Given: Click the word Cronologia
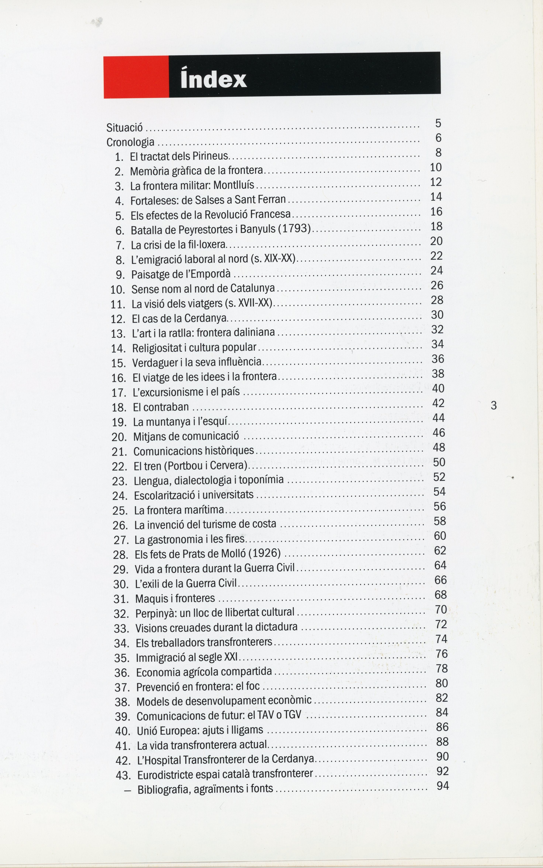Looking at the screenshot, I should [x=130, y=142].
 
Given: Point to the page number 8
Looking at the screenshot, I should [x=438, y=153].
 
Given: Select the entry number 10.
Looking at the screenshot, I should [x=118, y=289].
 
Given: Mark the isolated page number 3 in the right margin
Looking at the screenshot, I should [x=494, y=405].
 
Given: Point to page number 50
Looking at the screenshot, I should [x=439, y=462].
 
